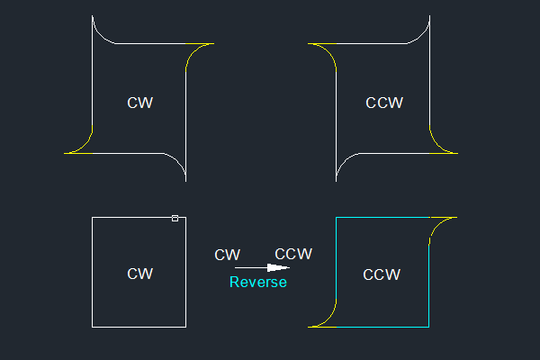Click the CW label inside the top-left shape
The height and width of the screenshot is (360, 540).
pyautogui.click(x=139, y=103)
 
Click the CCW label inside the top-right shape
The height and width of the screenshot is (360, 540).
pyautogui.click(x=384, y=103)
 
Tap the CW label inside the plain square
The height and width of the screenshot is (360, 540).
pyautogui.click(x=139, y=274)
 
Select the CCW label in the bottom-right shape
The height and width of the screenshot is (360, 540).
pyautogui.click(x=381, y=274)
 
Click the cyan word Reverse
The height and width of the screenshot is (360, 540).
pyautogui.click(x=258, y=283)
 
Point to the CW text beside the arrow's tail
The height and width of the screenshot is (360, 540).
pyautogui.click(x=227, y=255)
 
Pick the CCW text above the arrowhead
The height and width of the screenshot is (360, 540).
pyautogui.click(x=293, y=254)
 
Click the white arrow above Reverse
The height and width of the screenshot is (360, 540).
pyautogui.click(x=262, y=267)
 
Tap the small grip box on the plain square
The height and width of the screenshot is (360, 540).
pyautogui.click(x=175, y=218)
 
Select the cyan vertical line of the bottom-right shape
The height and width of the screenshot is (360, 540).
pyautogui.click(x=429, y=288)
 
